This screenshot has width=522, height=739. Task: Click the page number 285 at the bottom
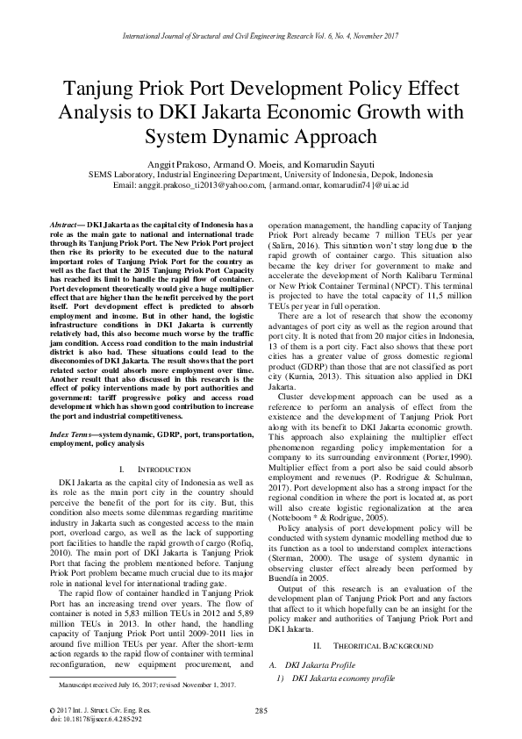pos(261,710)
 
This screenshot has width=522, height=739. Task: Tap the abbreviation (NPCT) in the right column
pos(444,286)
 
